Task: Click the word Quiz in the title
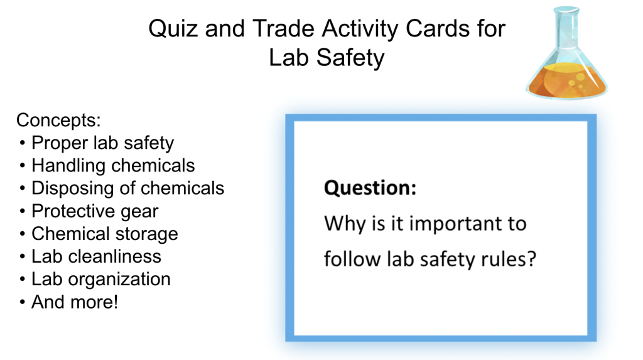pyautogui.click(x=176, y=29)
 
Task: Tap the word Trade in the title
pyautogui.click(x=283, y=29)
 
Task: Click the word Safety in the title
pyautogui.click(x=350, y=58)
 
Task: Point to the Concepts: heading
pyautogui.click(x=58, y=120)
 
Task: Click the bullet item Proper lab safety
pyautogui.click(x=102, y=143)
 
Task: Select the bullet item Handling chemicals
pyautogui.click(x=113, y=165)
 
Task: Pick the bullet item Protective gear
pyautogui.click(x=95, y=211)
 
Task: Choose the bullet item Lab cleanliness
pyautogui.click(x=96, y=256)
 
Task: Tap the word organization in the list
pyautogui.click(x=119, y=280)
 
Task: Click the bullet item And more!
pyautogui.click(x=75, y=302)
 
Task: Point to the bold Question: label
pyautogui.click(x=370, y=188)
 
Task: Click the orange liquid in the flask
pyautogui.click(x=568, y=80)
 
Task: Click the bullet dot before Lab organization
pyautogui.click(x=22, y=280)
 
